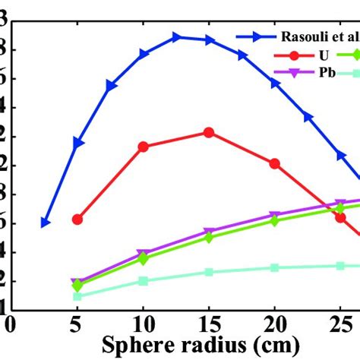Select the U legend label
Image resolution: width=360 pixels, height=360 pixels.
324,55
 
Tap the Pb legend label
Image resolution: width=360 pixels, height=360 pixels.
327,73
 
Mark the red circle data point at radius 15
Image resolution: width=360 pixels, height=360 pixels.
209,132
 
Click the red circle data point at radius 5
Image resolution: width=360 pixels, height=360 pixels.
77,219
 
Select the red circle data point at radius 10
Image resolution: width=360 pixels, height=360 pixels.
143,146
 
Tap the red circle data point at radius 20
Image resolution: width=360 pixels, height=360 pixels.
275,163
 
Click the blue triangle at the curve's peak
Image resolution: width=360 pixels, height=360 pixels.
176,36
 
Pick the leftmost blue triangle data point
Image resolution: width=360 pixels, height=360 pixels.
46,223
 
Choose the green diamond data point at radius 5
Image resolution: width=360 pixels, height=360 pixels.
77,286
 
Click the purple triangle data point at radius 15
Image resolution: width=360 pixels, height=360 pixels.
209,232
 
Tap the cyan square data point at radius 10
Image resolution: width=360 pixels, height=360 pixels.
143,280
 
